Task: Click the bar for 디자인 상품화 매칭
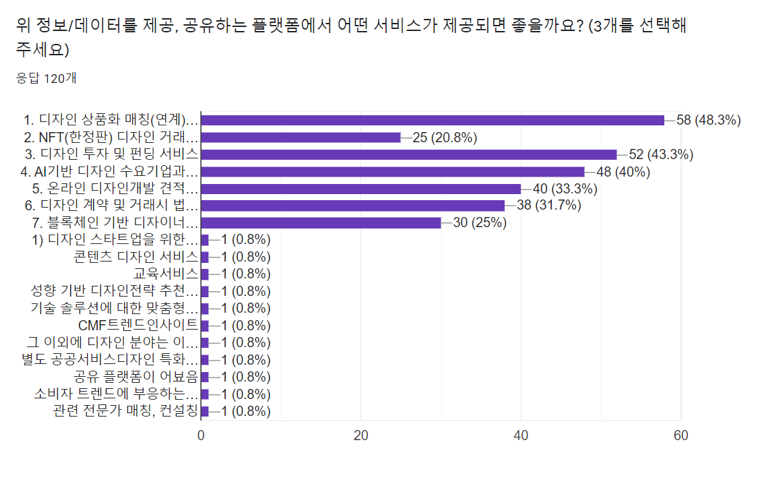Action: [433, 120]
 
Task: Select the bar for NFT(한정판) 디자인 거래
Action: [300, 138]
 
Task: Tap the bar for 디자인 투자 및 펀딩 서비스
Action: [409, 154]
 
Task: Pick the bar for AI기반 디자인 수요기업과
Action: [393, 171]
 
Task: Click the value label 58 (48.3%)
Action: [709, 120]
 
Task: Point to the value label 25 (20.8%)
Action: [445, 138]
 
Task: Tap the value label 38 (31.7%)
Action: [549, 206]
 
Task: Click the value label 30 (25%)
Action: [480, 222]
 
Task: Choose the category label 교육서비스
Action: [166, 274]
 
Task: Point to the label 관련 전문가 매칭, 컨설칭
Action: [125, 411]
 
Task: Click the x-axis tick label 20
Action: [361, 435]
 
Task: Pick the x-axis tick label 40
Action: [521, 435]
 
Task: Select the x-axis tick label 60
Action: [681, 435]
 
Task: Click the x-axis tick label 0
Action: [201, 435]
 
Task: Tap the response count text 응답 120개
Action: [46, 78]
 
